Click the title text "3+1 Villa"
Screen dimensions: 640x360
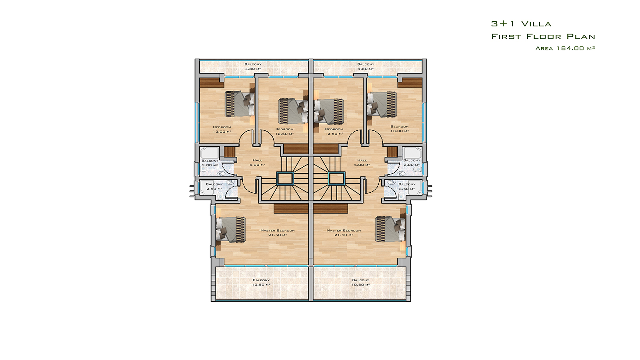(521, 24)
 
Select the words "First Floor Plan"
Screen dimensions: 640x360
(543, 36)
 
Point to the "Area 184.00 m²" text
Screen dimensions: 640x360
(565, 48)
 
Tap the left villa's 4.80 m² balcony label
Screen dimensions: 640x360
(253, 66)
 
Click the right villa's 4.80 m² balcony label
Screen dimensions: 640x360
(366, 66)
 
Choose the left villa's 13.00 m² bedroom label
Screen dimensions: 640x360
(222, 130)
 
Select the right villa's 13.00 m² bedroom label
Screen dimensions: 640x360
(400, 129)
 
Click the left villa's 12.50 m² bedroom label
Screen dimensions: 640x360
(284, 132)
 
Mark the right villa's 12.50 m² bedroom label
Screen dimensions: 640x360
(334, 132)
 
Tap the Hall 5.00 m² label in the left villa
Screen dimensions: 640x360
(258, 162)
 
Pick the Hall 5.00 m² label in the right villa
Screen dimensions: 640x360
(362, 162)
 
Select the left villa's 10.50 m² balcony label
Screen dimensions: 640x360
(261, 282)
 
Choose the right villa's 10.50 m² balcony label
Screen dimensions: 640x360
(360, 282)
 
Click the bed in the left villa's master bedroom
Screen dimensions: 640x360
(230, 230)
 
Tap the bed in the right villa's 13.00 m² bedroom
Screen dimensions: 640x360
(382, 104)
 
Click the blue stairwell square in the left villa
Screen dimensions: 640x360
(285, 178)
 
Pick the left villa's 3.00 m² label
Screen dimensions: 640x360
(210, 163)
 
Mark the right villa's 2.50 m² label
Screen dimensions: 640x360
(407, 186)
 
